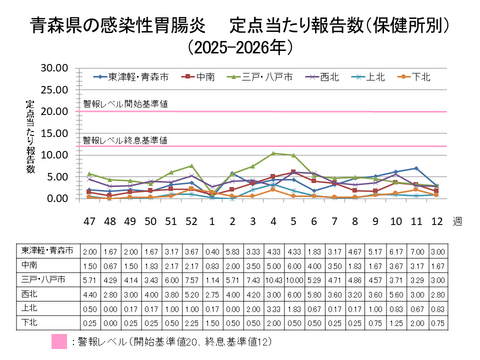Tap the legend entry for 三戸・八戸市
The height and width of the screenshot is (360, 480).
[260, 76]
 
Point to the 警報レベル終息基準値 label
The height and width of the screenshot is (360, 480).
[125, 139]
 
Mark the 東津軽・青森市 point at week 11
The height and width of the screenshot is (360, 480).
[415, 168]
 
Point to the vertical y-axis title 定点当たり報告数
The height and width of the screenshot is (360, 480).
[30, 134]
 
